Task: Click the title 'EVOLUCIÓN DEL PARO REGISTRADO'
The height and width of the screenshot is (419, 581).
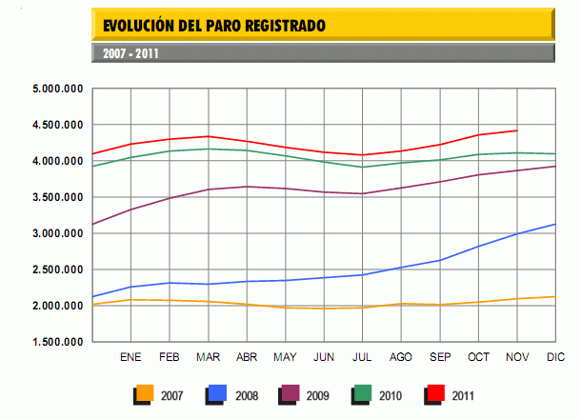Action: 213,25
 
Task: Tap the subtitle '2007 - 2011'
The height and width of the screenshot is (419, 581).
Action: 130,53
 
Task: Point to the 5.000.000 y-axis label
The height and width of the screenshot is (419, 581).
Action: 59,89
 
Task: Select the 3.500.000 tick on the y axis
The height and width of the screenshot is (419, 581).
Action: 59,197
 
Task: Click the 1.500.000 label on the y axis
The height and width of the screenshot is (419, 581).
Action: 59,342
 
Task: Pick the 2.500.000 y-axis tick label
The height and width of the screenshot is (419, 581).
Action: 59,269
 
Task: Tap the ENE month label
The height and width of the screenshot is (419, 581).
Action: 130,357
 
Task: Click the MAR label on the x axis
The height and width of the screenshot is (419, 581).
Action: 208,357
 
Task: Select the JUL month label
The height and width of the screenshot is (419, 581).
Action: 362,357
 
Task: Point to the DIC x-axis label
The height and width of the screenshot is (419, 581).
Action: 555,357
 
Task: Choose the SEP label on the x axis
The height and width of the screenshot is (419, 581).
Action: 439,357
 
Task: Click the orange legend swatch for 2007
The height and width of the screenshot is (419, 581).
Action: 144,391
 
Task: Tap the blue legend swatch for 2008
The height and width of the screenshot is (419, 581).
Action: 215,391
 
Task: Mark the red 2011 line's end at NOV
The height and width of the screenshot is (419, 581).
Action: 516,130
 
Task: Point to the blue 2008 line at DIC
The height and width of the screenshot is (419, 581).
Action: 555,225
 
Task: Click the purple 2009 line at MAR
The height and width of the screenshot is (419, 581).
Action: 208,190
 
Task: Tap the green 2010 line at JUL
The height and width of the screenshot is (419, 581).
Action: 362,167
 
